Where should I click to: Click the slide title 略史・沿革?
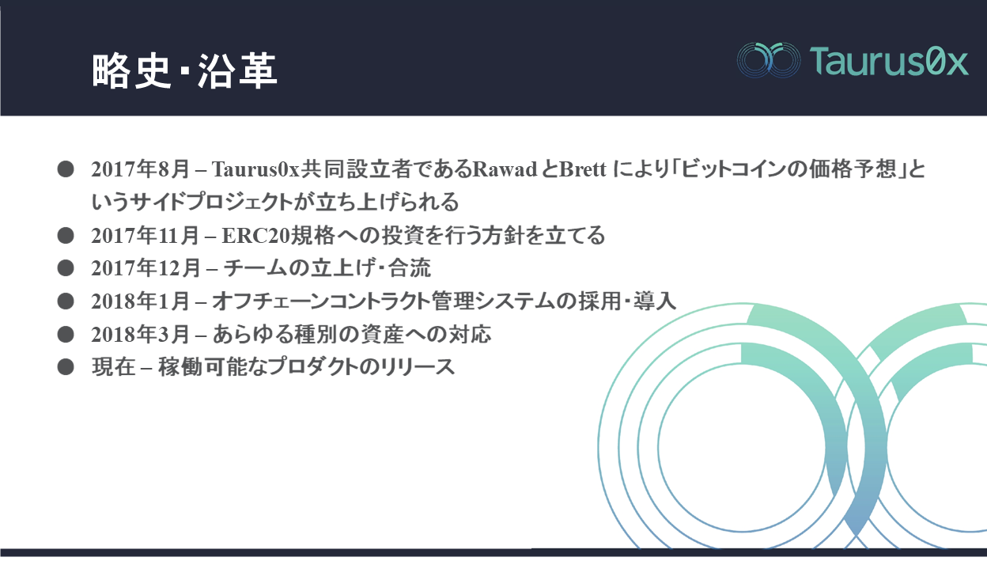[184, 70]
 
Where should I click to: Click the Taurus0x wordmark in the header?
[889, 60]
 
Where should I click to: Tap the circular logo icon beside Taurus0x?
[769, 60]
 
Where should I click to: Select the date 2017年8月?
[140, 169]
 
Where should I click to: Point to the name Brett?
[583, 169]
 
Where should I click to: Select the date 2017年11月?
[145, 235]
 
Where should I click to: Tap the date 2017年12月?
[146, 268]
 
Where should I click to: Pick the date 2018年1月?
[140, 301]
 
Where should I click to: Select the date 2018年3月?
[140, 335]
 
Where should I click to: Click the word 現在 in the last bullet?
[113, 367]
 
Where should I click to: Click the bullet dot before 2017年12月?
[66, 268]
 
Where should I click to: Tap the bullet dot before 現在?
[66, 367]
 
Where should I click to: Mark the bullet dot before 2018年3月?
[66, 335]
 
